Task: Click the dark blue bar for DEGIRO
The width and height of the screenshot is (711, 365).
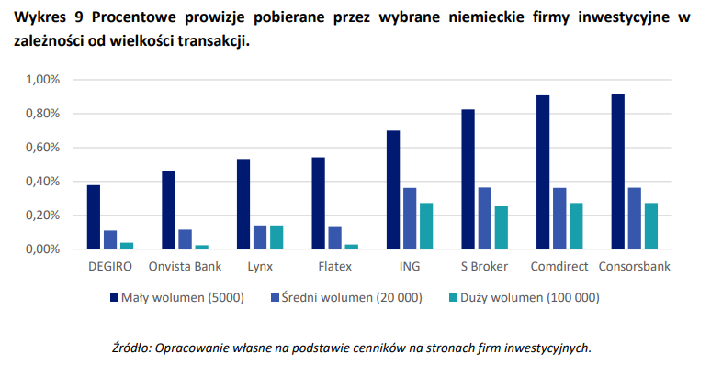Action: [x=94, y=217]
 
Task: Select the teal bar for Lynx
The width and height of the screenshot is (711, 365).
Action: [x=276, y=238]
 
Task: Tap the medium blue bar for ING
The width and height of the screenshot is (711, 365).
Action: [x=410, y=218]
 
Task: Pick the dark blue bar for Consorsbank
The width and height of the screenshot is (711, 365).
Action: [x=617, y=171]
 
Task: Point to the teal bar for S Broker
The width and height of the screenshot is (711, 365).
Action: [x=501, y=227]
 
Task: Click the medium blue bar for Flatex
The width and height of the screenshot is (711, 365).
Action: [x=335, y=238]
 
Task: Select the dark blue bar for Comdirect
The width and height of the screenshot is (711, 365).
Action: [x=543, y=172]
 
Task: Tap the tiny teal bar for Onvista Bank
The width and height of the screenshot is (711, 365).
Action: [x=202, y=247]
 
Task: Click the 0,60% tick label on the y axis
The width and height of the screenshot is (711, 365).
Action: [x=42, y=148]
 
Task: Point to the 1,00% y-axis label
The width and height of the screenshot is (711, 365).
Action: [x=42, y=80]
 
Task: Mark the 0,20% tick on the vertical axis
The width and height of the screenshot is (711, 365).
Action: [x=42, y=216]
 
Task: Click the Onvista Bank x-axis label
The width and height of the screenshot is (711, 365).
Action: [x=185, y=266]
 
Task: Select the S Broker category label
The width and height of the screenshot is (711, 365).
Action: [x=485, y=266]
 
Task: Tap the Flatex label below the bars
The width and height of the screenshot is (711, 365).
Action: [x=335, y=266]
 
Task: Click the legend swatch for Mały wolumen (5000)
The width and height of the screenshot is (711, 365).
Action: [x=115, y=297]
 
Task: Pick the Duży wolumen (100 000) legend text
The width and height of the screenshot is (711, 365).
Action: [x=530, y=297]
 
